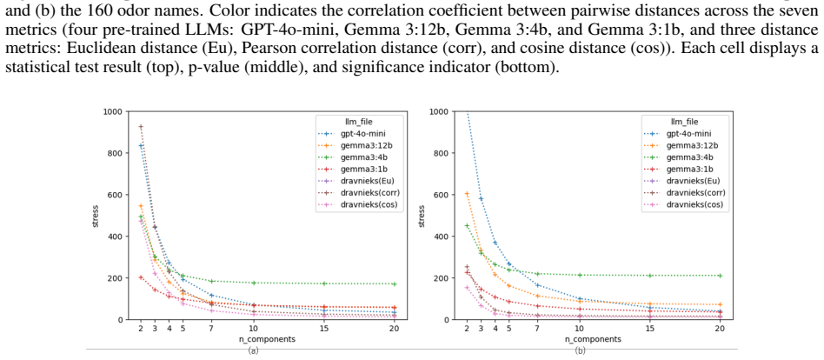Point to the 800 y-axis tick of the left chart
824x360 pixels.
tap(115, 153)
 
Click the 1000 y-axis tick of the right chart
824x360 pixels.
tap(439, 111)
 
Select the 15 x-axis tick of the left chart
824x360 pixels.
tap(323, 329)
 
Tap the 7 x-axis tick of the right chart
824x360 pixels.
tap(537, 329)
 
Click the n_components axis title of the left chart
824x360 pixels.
tap(268, 339)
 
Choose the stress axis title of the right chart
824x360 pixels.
tap(421, 216)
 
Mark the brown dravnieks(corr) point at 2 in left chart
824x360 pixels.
tap(141, 127)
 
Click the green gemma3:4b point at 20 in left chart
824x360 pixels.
tap(395, 283)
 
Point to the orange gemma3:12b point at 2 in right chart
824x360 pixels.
tap(467, 194)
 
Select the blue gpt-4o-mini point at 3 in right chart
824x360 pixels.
tap(481, 198)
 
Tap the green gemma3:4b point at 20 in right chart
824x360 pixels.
tap(721, 276)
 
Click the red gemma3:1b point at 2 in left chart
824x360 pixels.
tap(141, 277)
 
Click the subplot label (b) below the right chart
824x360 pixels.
tap(580, 350)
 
